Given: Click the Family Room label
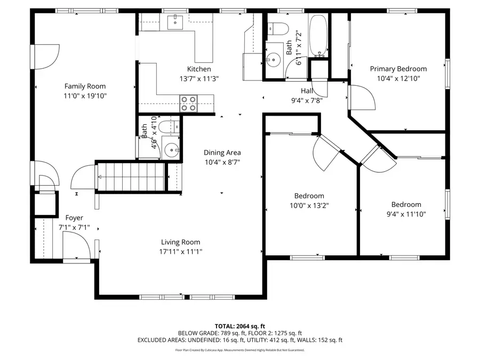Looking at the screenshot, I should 85,86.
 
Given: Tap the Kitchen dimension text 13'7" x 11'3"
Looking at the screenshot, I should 198,78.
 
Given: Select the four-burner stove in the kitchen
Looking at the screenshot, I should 188,102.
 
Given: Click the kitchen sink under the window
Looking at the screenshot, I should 175,22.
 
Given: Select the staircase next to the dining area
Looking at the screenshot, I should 130,175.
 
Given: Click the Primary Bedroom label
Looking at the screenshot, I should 398,69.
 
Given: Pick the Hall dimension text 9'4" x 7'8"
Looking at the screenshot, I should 306,100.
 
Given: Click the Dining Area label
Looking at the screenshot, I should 222,153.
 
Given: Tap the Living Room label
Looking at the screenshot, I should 180,242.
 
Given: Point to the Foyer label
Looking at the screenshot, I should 74,218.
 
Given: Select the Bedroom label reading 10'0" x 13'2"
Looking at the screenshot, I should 309,196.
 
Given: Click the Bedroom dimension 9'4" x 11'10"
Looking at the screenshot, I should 406,214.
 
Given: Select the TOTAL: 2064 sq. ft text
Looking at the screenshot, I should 239,325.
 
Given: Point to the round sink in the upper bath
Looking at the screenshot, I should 274,59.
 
